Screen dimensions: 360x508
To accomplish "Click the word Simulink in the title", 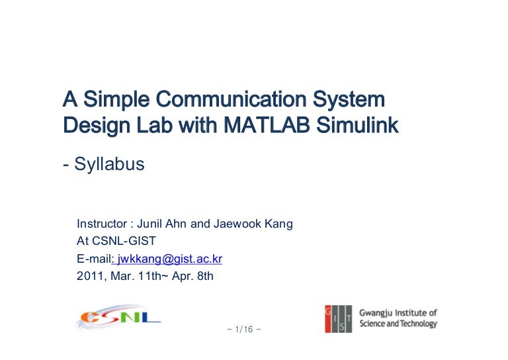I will [363, 124].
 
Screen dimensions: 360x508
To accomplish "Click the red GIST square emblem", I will [337, 318].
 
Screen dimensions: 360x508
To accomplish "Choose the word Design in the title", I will [90, 124].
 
